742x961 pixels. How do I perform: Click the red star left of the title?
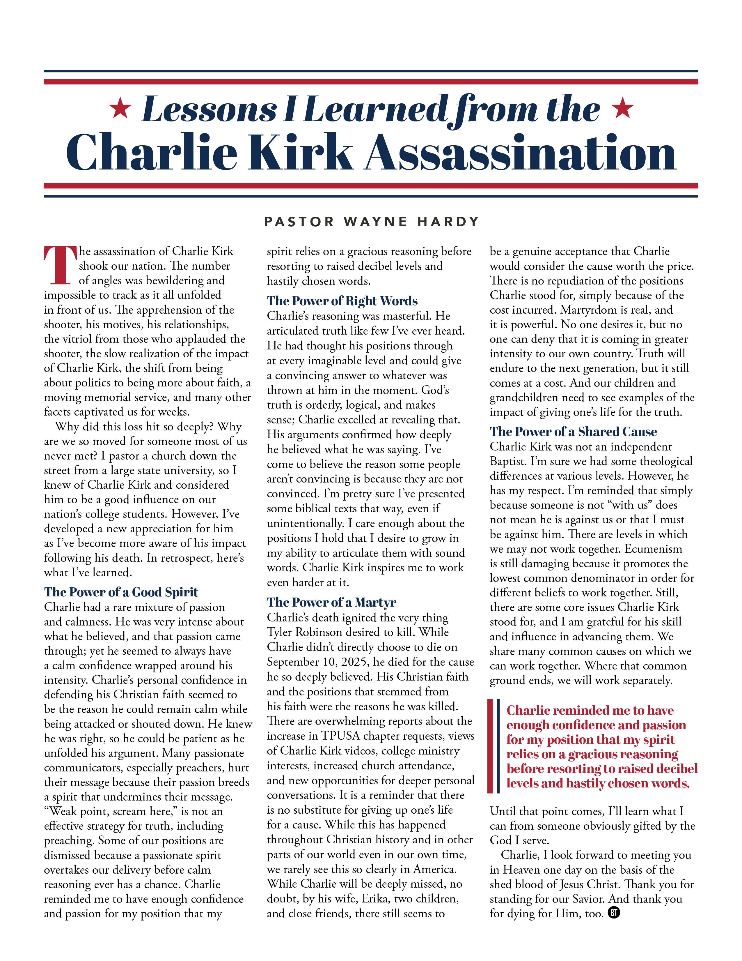click(x=120, y=108)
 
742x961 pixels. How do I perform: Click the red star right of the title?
click(x=623, y=108)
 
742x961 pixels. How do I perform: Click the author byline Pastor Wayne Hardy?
click(x=372, y=221)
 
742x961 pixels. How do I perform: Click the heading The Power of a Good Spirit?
click(x=121, y=592)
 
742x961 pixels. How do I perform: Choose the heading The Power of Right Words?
click(x=342, y=301)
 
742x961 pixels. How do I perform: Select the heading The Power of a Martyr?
click(x=331, y=602)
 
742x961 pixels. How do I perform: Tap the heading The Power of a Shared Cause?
click(x=573, y=432)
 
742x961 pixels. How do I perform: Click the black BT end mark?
click(x=614, y=913)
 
